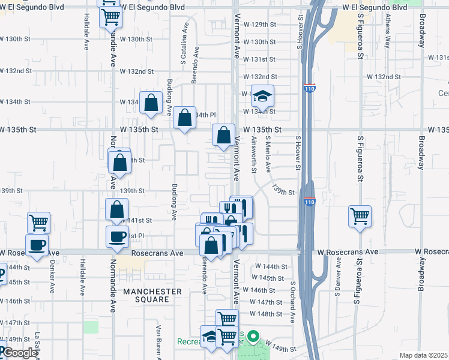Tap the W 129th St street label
(x=263, y=25)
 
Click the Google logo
(x=19, y=353)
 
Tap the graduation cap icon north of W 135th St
(x=262, y=95)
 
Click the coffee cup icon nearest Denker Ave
(x=37, y=245)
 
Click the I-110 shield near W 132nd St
(x=309, y=88)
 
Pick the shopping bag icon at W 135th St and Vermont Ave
(x=224, y=135)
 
